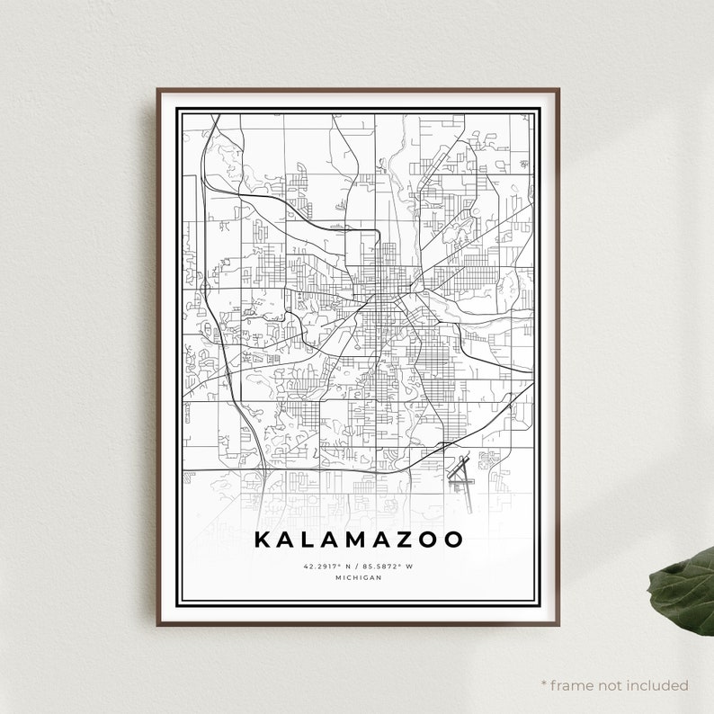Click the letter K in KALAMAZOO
tap(262, 540)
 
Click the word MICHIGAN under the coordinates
tap(358, 577)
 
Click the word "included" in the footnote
tap(660, 685)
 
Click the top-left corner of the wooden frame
tap(157, 89)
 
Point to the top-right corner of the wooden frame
tap(558, 89)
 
